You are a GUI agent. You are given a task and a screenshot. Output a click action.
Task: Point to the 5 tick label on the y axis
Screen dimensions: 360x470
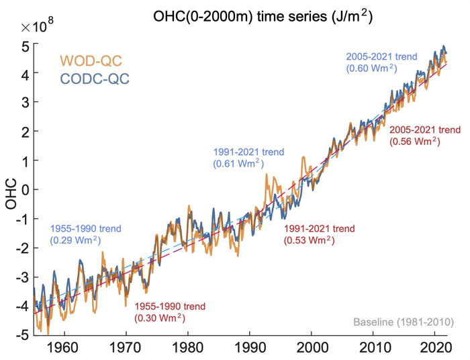click(24, 47)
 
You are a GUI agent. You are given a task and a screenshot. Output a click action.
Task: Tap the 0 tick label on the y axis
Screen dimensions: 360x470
click(24, 190)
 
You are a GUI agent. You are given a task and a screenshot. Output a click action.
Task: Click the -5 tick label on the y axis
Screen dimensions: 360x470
click(21, 334)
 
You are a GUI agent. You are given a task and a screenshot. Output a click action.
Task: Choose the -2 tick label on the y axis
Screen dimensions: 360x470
click(21, 248)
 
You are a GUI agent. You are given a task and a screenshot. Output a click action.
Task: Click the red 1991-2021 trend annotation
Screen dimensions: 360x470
click(319, 234)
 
